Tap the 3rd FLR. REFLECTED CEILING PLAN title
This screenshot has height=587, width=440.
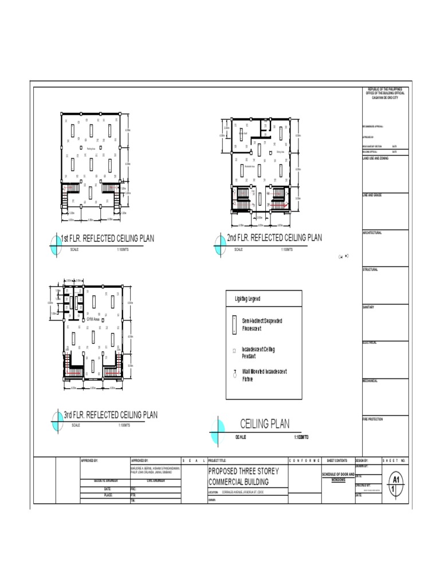(x=110, y=414)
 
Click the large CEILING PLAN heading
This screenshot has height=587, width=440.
(x=265, y=424)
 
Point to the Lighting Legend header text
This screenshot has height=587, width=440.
(x=247, y=299)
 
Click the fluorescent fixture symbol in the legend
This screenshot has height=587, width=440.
(x=234, y=325)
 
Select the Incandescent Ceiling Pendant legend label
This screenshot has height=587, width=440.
(x=258, y=352)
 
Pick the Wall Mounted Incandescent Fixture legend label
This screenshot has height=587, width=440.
(x=264, y=375)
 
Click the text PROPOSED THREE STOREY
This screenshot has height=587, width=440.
(x=243, y=471)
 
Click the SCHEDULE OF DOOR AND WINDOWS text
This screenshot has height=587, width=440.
(x=338, y=477)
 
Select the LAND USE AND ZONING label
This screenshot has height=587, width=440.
(x=375, y=158)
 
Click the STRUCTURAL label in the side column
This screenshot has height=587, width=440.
(x=370, y=269)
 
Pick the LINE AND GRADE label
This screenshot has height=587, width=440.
(x=372, y=195)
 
